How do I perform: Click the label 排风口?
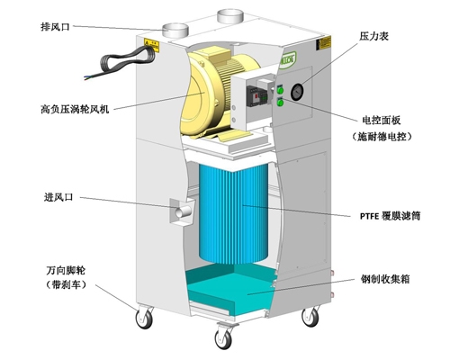point(55,27)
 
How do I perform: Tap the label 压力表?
point(373,36)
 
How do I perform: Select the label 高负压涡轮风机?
point(75,109)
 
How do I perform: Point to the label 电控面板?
point(382,121)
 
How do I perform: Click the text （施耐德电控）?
point(382,137)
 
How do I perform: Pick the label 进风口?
point(58,197)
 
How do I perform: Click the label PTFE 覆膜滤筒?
point(390,216)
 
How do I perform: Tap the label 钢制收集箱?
point(385,279)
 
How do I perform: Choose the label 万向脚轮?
point(66,270)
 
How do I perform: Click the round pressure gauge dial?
point(297,91)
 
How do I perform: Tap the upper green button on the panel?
point(280,90)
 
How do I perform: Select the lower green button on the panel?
point(280,103)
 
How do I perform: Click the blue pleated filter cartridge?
point(233,213)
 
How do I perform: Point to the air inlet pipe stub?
point(184,211)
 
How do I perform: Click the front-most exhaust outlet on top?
point(175,30)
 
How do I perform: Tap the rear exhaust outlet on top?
point(230,15)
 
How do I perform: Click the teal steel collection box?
point(230,290)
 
